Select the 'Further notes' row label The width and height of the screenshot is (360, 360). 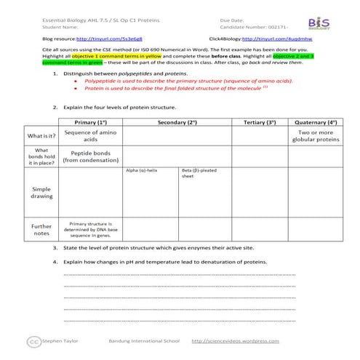coord(41,230)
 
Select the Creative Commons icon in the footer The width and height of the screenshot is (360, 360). coord(33,341)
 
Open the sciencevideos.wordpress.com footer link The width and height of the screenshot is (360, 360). coord(235,340)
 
